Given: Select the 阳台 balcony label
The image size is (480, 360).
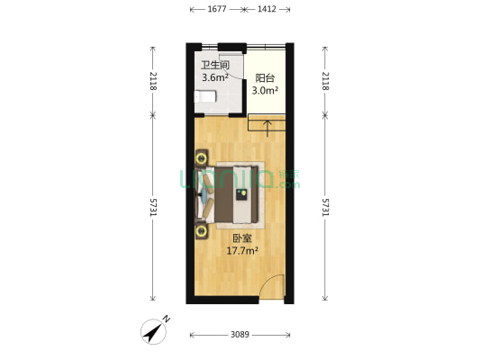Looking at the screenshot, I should click(x=264, y=78).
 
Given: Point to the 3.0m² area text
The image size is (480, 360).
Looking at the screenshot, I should click(x=264, y=91).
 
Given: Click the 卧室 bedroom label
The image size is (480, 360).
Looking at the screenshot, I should click(x=241, y=238).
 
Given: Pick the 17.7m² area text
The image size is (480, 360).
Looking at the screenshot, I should click(x=241, y=251).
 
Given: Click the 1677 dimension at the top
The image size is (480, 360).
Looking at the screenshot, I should click(x=216, y=10).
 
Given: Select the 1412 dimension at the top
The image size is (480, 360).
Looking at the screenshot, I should click(x=267, y=10).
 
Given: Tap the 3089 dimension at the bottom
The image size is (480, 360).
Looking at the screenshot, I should click(x=240, y=335).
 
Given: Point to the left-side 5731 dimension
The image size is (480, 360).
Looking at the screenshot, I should click(x=154, y=207).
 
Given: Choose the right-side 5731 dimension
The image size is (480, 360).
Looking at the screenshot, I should click(x=326, y=207).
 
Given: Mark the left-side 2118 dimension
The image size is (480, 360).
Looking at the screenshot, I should click(x=154, y=81).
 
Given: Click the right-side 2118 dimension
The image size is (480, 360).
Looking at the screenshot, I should click(x=326, y=81).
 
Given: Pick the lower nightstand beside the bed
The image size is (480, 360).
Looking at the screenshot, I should click(x=201, y=230).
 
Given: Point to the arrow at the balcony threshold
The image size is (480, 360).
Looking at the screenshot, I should click(x=267, y=125).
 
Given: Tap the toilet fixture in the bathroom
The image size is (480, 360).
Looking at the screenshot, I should click(x=200, y=94).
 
